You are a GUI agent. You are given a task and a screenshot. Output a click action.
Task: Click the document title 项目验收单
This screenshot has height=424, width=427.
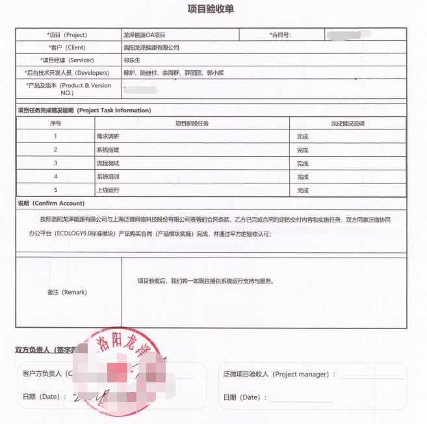pyautogui.click(x=213, y=9)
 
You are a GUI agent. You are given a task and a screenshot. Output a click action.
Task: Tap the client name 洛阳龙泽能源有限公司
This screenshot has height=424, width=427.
pyautogui.click(x=151, y=47)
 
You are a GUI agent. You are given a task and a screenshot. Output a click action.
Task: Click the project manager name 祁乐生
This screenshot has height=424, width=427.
pyautogui.click(x=132, y=60)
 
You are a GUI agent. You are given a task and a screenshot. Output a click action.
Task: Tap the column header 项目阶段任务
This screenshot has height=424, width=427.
pyautogui.click(x=192, y=124)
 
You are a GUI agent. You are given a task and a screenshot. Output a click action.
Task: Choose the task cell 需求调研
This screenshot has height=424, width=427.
pyautogui.click(x=107, y=137)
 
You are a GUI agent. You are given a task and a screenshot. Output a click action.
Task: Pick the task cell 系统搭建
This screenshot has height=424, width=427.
pyautogui.click(x=107, y=150)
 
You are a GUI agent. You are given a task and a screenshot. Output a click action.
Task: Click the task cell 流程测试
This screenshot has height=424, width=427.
pyautogui.click(x=107, y=163)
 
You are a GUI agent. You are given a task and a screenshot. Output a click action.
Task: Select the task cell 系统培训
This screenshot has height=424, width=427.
pyautogui.click(x=107, y=177)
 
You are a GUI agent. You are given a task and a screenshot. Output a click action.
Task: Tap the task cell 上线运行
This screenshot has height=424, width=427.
pyautogui.click(x=107, y=190)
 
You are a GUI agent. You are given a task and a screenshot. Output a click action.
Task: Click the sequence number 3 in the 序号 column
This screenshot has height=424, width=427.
pyautogui.click(x=56, y=163)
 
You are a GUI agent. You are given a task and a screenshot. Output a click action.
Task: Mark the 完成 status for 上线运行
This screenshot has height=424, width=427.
pyautogui.click(x=302, y=191)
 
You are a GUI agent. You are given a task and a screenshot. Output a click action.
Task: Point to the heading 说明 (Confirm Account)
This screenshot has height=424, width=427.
pyautogui.click(x=51, y=204)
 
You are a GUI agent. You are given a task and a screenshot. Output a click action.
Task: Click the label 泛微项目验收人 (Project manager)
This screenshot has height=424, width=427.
pyautogui.click(x=279, y=375)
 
